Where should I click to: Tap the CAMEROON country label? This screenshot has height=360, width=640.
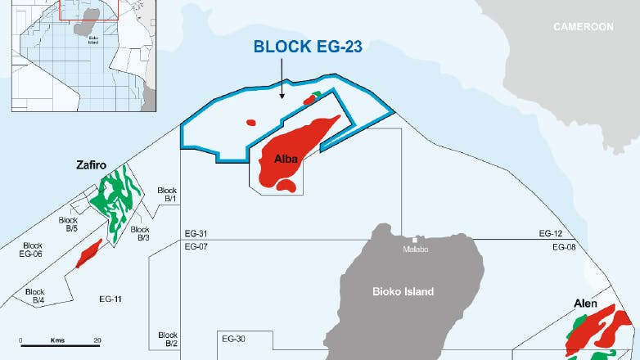[x=583, y=27]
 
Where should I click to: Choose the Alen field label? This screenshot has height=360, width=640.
[x=584, y=304]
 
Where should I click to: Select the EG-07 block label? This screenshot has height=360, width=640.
[x=196, y=246]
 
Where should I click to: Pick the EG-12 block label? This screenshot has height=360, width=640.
[x=551, y=234]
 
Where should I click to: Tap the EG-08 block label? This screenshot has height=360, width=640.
[x=564, y=246]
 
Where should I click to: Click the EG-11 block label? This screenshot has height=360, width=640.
[x=109, y=299]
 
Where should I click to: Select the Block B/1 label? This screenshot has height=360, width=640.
[x=167, y=194]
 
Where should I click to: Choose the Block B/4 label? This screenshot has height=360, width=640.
[x=34, y=296]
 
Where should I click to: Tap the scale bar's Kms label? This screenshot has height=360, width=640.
[x=57, y=340]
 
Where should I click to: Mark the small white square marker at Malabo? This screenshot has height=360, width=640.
[x=414, y=240]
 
